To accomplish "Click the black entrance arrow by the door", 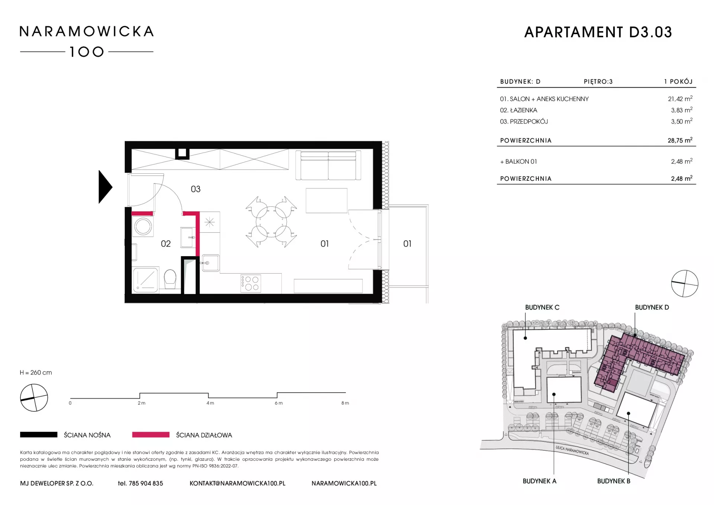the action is click(105, 187).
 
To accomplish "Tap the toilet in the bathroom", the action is click(170, 279).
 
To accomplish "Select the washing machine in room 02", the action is click(143, 226).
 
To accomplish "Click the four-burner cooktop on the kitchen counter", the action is click(251, 283).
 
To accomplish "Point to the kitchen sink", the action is click(210, 263).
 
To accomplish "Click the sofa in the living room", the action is click(328, 165).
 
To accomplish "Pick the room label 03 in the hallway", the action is click(196, 189).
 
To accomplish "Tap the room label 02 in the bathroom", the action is click(166, 244).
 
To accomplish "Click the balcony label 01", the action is click(407, 244).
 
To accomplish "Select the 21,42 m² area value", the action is click(680, 99).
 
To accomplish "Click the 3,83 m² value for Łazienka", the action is click(682, 110).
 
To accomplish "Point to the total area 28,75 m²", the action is click(680, 140).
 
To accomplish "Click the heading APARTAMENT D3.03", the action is click(598, 32).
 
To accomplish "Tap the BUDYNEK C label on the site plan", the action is click(542, 308).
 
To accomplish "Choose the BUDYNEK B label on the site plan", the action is click(614, 481).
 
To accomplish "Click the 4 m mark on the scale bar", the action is click(210, 403).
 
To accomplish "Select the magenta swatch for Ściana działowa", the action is click(151, 435).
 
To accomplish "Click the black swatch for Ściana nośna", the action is click(39, 435).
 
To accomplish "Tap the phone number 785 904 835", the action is click(146, 483).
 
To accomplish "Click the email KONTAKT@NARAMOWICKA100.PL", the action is click(238, 483).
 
